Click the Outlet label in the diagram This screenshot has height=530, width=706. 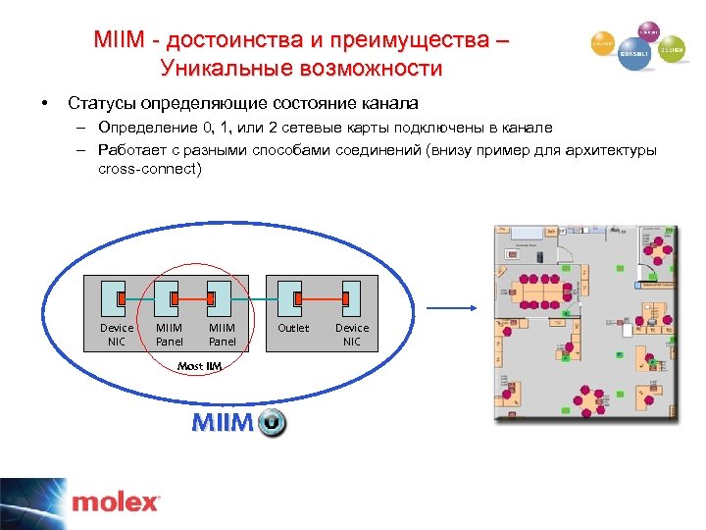pyautogui.click(x=293, y=328)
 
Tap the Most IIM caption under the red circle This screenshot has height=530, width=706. pyautogui.click(x=199, y=366)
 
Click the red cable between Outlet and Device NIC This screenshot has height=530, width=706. pyautogui.click(x=321, y=296)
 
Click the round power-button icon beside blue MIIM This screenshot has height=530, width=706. pyautogui.click(x=273, y=424)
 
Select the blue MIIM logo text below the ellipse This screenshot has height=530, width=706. pyautogui.click(x=223, y=423)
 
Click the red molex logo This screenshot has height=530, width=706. pyautogui.click(x=116, y=503)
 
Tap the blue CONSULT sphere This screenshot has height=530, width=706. pyautogui.click(x=632, y=57)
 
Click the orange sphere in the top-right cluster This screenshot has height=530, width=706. pyautogui.click(x=602, y=43)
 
